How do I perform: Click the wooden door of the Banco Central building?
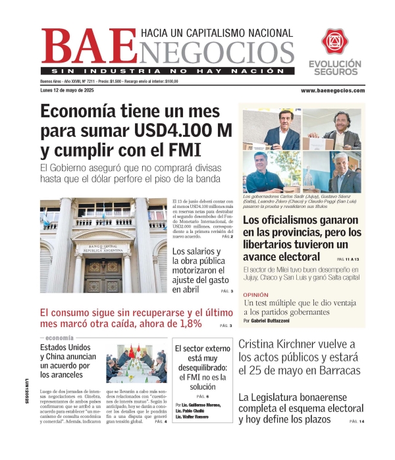(103, 274)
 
